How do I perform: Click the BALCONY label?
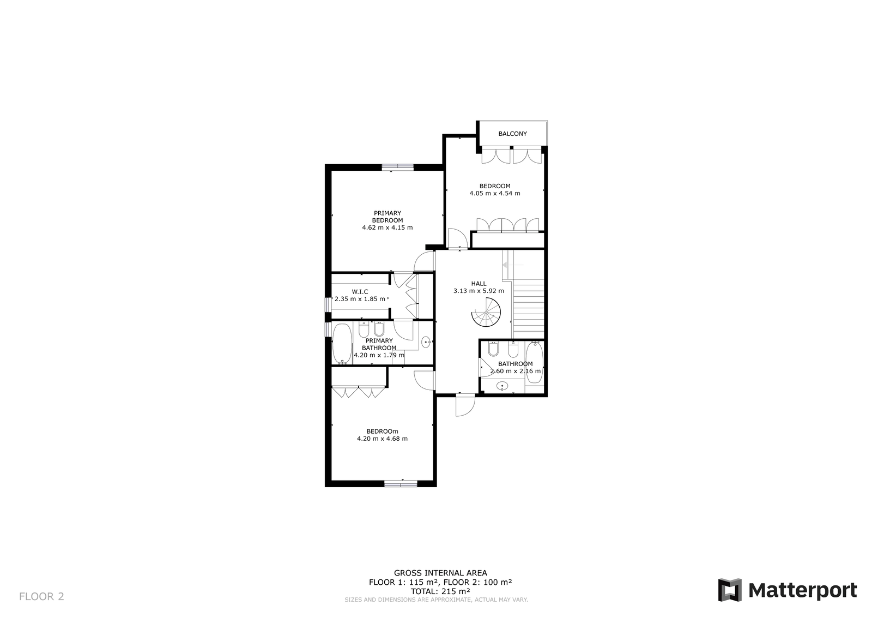pyautogui.click(x=512, y=134)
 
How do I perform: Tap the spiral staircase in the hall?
pyautogui.click(x=486, y=313)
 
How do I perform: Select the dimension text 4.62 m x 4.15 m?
pyautogui.click(x=387, y=227)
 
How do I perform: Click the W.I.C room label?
pyautogui.click(x=360, y=292)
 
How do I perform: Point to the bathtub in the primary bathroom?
pyautogui.click(x=342, y=344)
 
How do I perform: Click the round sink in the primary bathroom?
pyautogui.click(x=426, y=343)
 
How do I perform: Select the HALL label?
pyautogui.click(x=479, y=284)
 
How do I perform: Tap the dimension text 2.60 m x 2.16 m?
pyautogui.click(x=515, y=371)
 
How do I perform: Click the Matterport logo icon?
pyautogui.click(x=729, y=590)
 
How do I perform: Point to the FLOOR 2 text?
pyautogui.click(x=41, y=596)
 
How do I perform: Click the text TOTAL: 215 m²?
pyautogui.click(x=440, y=591)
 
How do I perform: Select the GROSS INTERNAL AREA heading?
pyautogui.click(x=440, y=573)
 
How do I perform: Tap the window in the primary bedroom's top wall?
pyautogui.click(x=397, y=167)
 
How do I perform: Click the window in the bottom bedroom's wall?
pyautogui.click(x=401, y=483)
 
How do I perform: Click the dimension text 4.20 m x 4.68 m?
pyautogui.click(x=382, y=439)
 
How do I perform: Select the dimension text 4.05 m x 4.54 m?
pyautogui.click(x=494, y=193)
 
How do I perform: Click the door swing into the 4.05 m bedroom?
pyautogui.click(x=456, y=238)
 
